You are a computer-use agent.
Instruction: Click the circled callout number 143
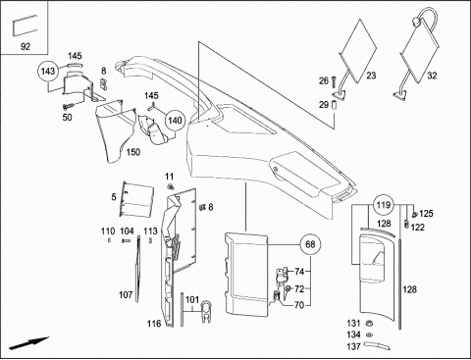coord(48,71)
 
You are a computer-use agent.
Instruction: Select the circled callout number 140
coord(175,121)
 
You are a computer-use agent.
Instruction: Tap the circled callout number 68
coord(310,244)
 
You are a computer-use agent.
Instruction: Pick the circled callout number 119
coord(384,205)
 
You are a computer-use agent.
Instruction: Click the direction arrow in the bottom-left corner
coord(28,343)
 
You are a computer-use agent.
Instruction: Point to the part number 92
coord(26,47)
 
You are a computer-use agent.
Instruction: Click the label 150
coord(133,152)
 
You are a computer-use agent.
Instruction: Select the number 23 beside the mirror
coord(371,76)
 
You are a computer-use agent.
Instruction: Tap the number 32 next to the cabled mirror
coord(432,76)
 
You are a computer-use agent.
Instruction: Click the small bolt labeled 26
coord(334,80)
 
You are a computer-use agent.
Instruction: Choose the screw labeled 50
coord(68,106)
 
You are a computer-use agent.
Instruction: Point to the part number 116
coord(154,324)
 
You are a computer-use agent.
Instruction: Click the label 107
coord(126,295)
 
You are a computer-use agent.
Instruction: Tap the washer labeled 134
coord(370,334)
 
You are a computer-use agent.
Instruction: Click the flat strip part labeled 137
coord(377,345)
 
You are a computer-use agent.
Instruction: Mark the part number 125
coord(426,214)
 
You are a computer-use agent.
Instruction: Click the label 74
coord(299,272)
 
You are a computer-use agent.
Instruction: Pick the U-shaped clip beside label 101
coord(206,311)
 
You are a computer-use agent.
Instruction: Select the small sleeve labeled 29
coord(334,106)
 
